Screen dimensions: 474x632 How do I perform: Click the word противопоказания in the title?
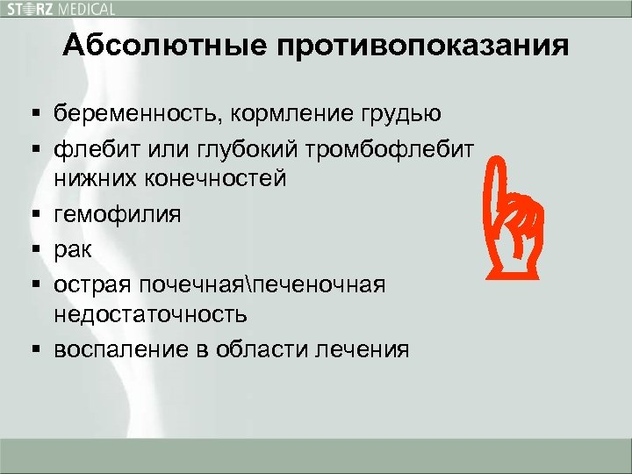423,46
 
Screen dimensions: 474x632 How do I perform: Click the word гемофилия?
118,213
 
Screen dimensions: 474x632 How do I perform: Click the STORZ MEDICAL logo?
61,9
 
